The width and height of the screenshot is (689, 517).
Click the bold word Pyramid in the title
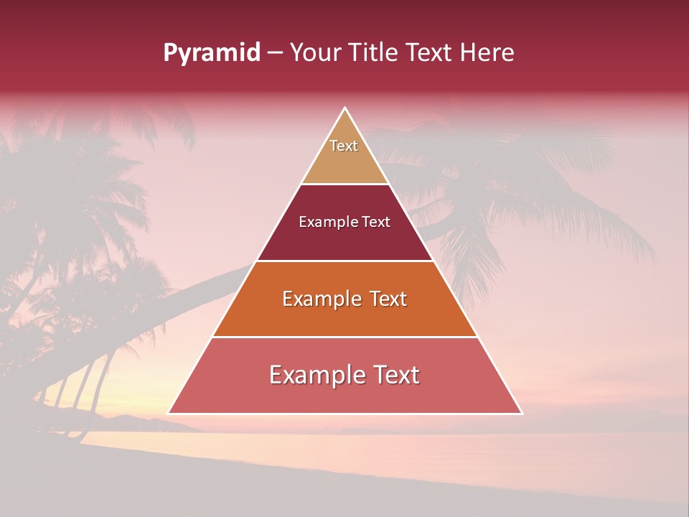pos(212,53)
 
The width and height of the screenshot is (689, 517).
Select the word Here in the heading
pos(487,53)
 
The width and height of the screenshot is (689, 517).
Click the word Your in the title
pos(316,53)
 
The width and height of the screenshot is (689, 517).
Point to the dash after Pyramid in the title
pos(275,53)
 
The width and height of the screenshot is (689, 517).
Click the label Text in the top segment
pos(344,146)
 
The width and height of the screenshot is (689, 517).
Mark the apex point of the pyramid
pos(345,108)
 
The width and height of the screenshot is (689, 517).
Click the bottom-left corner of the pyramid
pos(169,413)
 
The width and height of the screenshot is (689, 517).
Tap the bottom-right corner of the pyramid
pos(522,413)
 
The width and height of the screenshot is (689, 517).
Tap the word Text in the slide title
pos(430,53)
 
